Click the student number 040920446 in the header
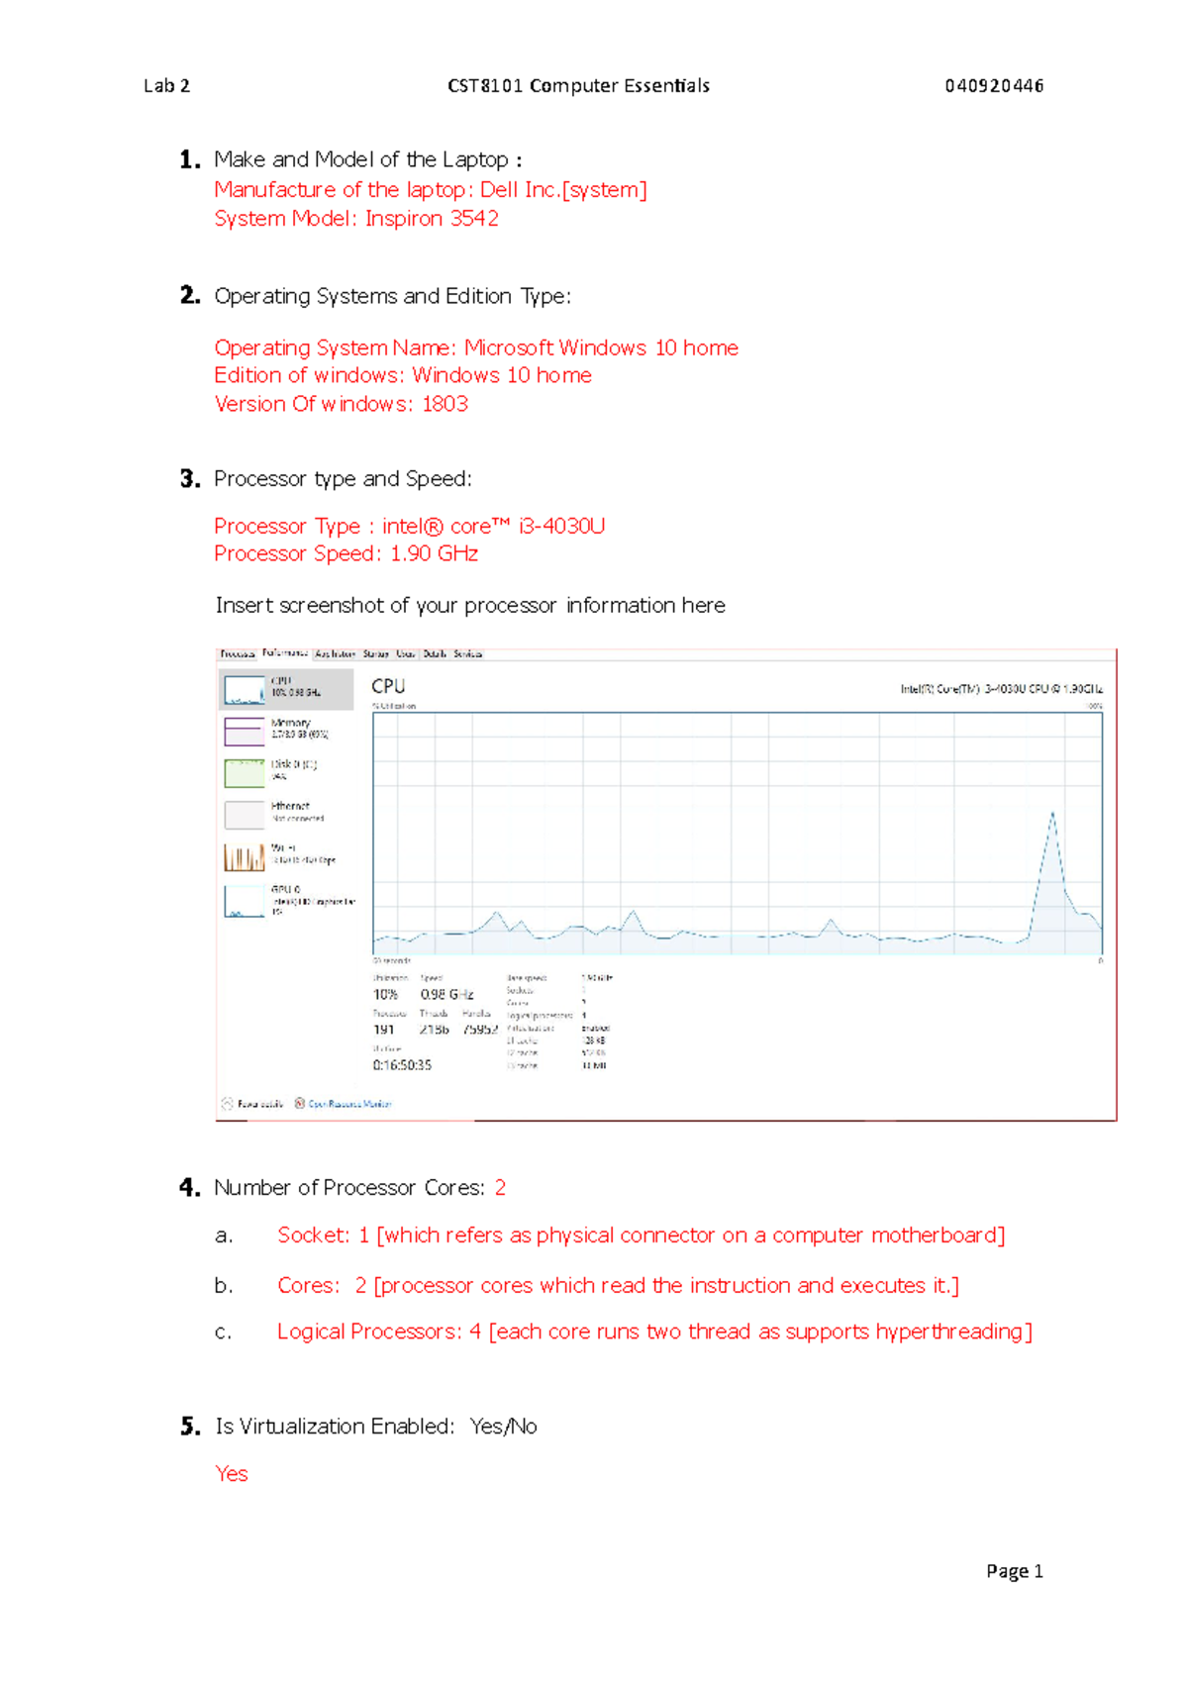coord(993,86)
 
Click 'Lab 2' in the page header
coord(166,86)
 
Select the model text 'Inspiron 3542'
coord(432,219)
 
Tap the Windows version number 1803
coord(445,404)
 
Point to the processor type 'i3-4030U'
coord(561,526)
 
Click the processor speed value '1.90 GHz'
coord(434,553)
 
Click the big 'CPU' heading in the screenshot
coord(388,686)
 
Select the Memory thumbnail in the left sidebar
coord(244,731)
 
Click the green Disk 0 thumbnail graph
coord(244,772)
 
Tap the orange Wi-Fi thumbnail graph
coord(244,856)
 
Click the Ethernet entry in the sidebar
coord(289,811)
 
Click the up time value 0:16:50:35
coord(402,1065)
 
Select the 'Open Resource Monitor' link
coord(348,1104)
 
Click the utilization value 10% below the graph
coord(385,994)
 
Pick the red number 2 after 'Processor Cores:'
coord(500,1188)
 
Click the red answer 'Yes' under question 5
coord(232,1474)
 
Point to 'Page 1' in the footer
coord(1014,1571)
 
